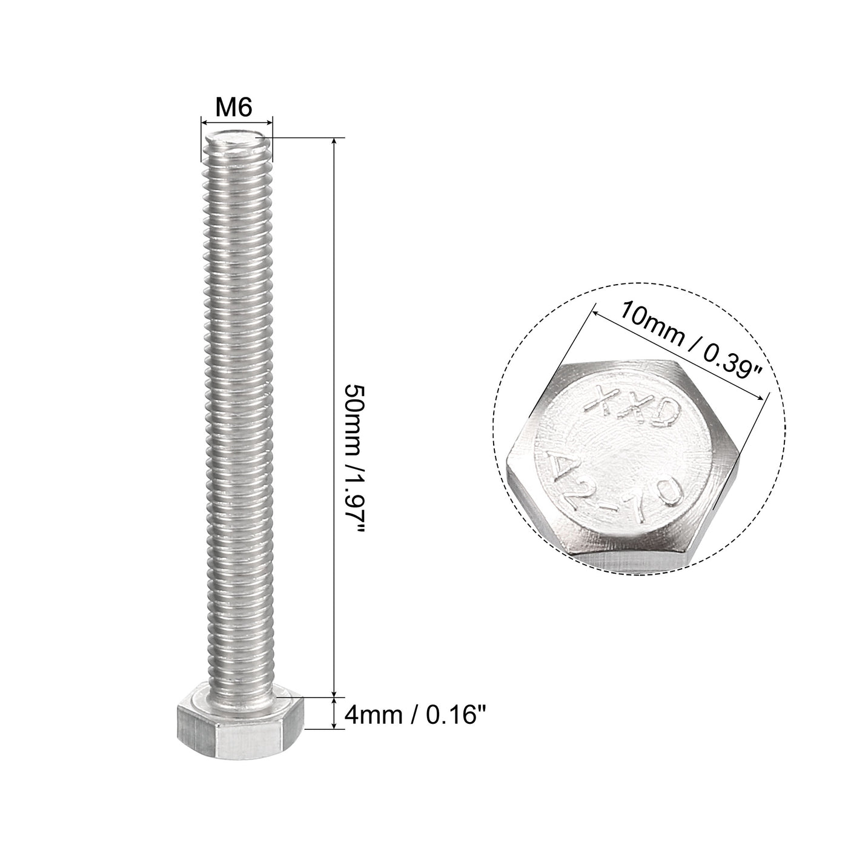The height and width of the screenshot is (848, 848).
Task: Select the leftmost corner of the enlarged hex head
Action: [x=507, y=460]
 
